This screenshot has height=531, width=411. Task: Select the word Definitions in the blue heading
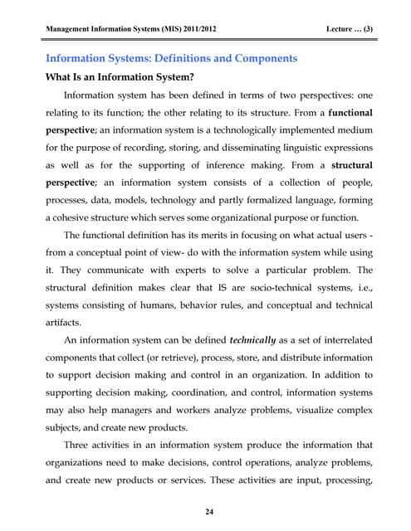(x=187, y=59)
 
